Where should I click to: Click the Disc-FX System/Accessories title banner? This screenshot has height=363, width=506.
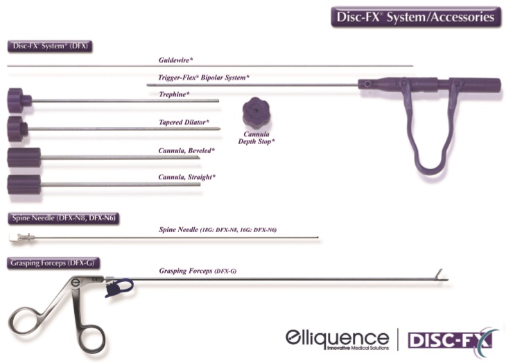pos(416,17)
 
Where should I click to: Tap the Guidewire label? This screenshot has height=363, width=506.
pos(176,60)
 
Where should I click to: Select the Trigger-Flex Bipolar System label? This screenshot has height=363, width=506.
pos(204,78)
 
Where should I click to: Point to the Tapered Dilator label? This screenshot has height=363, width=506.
pos(184,122)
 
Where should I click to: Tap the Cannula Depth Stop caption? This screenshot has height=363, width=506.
pos(256,138)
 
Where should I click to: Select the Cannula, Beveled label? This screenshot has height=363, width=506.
pos(186,150)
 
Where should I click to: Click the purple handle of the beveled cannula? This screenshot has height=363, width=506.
pos(24,157)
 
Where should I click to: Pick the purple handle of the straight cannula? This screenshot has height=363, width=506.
pos(24,185)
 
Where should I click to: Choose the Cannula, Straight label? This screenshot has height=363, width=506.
pos(187,177)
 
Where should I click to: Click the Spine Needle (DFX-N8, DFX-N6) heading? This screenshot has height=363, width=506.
pos(64,218)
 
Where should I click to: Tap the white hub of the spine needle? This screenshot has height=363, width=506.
pos(14,238)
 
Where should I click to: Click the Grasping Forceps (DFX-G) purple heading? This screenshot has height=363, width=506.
pos(53,263)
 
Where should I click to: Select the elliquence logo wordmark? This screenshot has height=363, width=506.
pos(338,339)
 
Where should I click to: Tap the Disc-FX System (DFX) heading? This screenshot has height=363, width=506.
pos(50,46)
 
